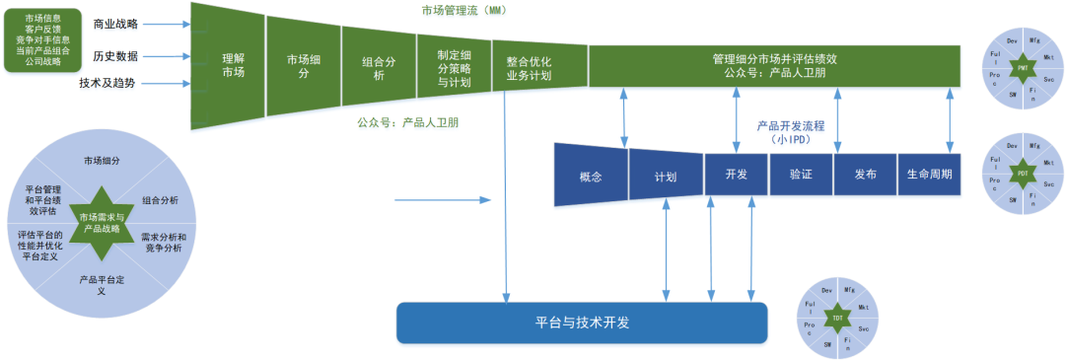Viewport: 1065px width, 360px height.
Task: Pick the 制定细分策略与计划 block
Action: coord(454,68)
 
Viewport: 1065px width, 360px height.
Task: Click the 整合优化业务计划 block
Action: coord(529,68)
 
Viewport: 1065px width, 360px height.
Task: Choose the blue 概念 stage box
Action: coord(591,177)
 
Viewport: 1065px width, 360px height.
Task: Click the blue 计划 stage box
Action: coord(665,177)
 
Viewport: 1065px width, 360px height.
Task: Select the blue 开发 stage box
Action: coord(736,174)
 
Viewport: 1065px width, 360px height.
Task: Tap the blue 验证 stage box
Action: coord(800,174)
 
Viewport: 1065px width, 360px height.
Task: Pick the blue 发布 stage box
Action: coord(865,174)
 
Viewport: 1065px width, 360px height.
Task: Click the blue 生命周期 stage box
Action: coord(929,174)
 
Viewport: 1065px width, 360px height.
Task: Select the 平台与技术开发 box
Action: coord(582,323)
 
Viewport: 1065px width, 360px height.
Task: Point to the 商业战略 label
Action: coord(115,24)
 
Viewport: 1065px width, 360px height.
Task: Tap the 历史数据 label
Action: coord(115,56)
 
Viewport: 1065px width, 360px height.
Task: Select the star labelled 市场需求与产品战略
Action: coord(102,222)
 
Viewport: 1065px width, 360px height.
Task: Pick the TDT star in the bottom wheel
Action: coord(837,319)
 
